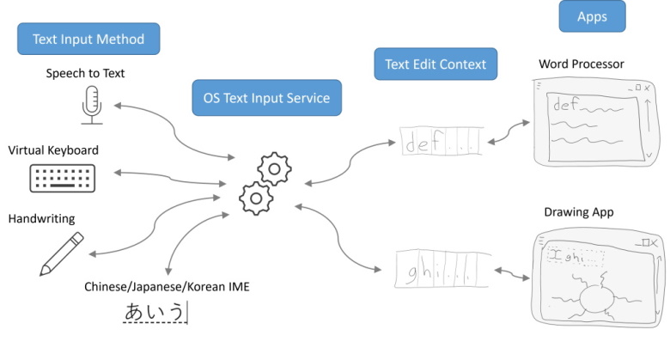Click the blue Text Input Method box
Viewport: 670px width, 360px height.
click(88, 39)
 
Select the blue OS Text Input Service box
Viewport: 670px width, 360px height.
click(266, 98)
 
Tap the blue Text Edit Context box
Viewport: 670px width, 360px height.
click(435, 64)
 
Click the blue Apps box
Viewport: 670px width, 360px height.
click(592, 17)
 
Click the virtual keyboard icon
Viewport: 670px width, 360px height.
click(62, 178)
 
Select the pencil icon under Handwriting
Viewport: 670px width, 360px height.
click(61, 253)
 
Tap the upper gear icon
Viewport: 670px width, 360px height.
click(274, 168)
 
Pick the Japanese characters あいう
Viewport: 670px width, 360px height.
click(155, 313)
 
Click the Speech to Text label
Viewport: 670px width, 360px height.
click(85, 73)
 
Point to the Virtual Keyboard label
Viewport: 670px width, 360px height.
click(53, 150)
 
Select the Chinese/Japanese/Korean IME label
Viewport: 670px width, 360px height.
click(167, 286)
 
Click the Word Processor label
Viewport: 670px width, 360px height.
click(581, 64)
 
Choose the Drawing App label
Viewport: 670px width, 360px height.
click(578, 212)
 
